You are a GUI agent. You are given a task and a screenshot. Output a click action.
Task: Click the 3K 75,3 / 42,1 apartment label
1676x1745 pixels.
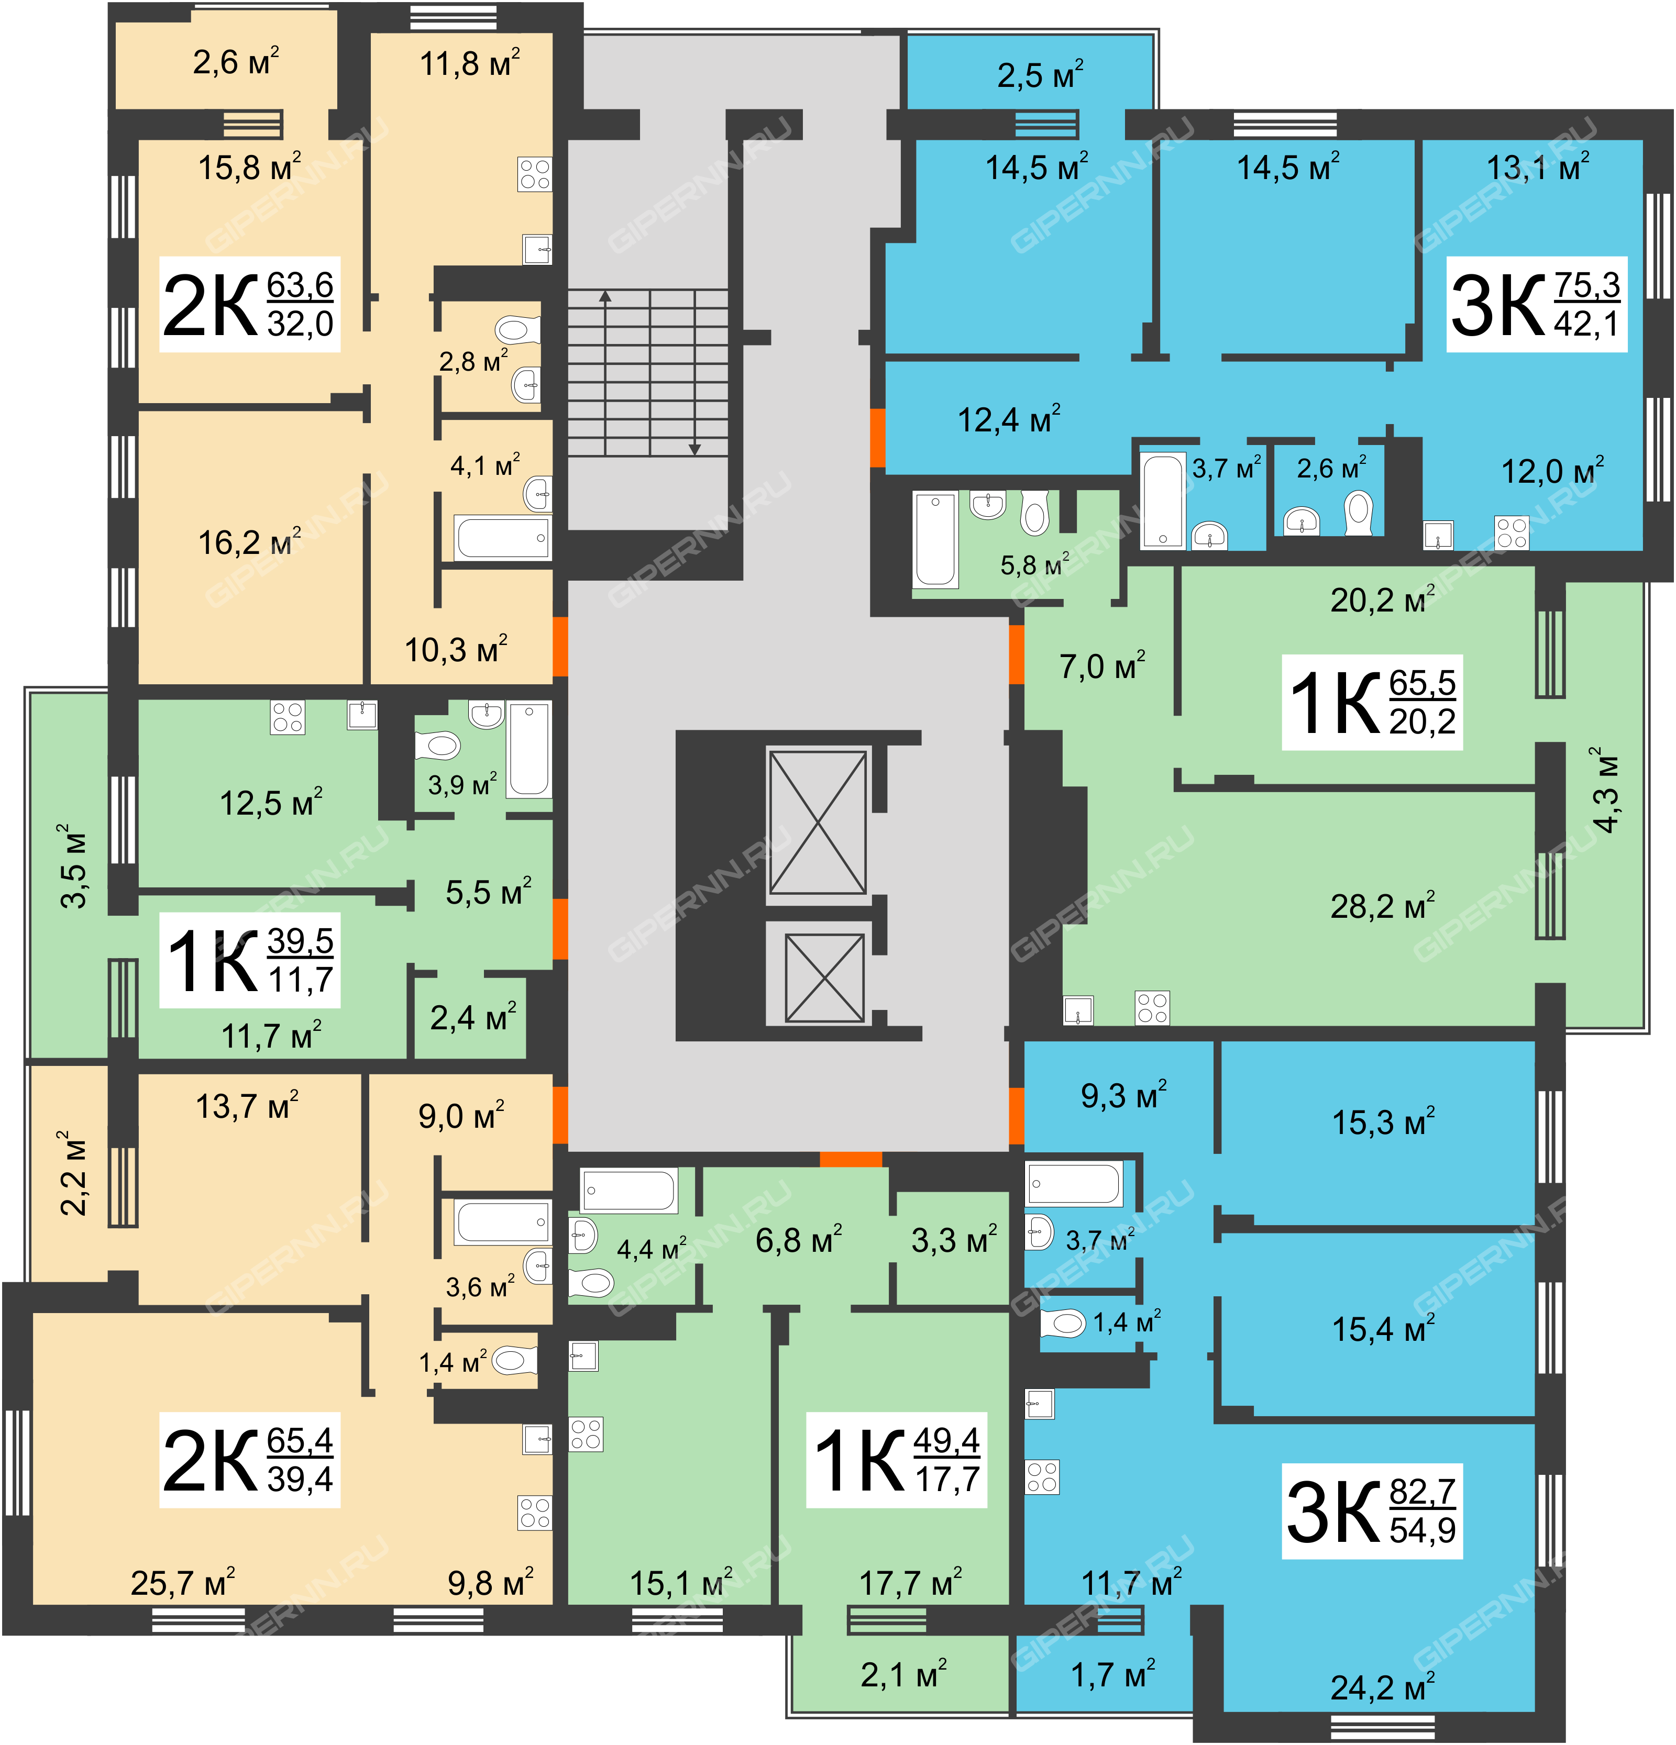pyautogui.click(x=1536, y=305)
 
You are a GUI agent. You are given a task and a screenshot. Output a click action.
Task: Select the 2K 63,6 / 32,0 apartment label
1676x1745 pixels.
pyautogui.click(x=249, y=305)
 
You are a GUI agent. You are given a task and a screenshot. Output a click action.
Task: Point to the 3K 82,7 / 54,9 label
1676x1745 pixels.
pyautogui.click(x=1371, y=1511)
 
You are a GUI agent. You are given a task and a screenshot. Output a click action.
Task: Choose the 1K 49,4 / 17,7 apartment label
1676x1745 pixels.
pyautogui.click(x=897, y=1460)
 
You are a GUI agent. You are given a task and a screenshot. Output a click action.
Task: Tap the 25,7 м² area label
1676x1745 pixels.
pyautogui.click(x=183, y=1582)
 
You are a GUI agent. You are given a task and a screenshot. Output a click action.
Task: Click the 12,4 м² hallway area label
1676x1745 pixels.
pyautogui.click(x=1009, y=418)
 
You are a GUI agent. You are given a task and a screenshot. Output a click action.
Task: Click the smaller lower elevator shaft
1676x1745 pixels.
pyautogui.click(x=824, y=977)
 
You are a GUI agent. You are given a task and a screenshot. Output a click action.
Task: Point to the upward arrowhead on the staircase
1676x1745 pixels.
pyautogui.click(x=605, y=296)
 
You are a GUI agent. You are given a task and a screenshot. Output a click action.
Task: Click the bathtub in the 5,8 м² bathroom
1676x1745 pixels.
pyautogui.click(x=935, y=540)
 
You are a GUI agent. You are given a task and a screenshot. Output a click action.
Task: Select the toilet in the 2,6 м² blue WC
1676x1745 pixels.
pyautogui.click(x=1359, y=513)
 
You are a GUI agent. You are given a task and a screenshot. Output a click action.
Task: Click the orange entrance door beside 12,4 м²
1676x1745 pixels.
pyautogui.click(x=877, y=437)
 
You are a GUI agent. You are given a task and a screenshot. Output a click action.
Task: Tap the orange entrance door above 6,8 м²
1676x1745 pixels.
pyautogui.click(x=851, y=1159)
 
